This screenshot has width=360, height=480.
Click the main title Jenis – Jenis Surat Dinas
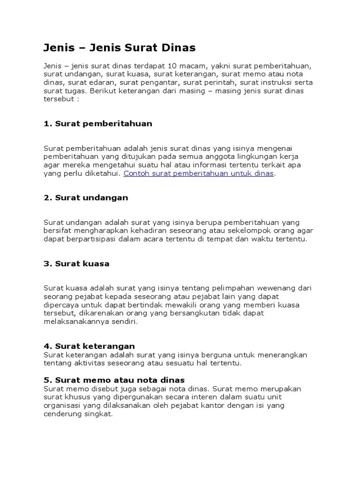tap(120, 48)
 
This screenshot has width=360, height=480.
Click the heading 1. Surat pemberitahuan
tap(98, 124)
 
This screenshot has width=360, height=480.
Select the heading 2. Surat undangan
tap(86, 197)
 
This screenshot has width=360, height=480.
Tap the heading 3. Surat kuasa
tap(76, 263)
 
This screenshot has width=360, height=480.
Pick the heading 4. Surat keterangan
tap(90, 346)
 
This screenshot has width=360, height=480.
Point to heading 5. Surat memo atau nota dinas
tap(114, 380)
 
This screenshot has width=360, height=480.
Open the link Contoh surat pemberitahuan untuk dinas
tap(199, 173)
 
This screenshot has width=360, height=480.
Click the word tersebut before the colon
tap(58, 99)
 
